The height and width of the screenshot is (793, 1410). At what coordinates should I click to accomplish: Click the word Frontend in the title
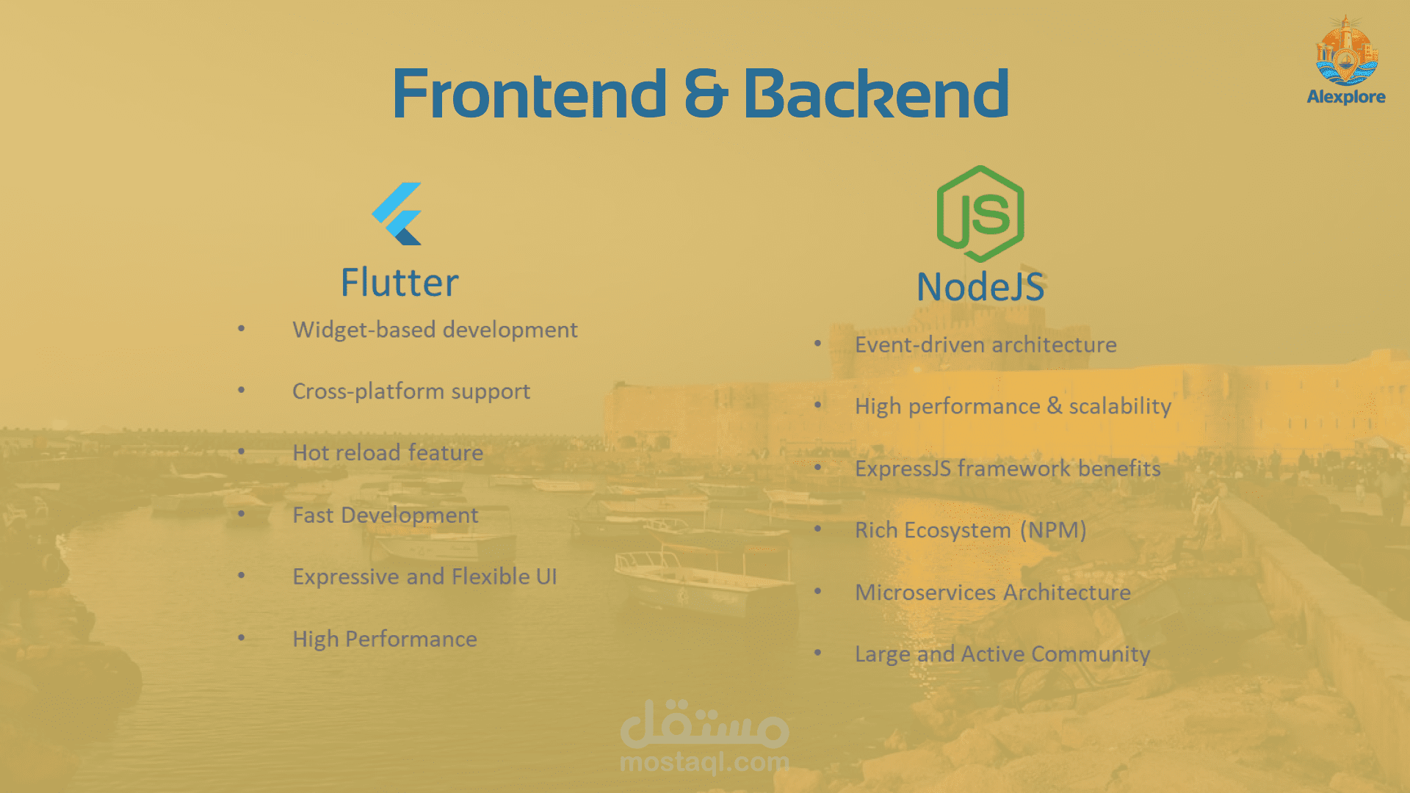click(x=529, y=93)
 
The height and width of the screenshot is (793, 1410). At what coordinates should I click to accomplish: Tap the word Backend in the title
click(x=876, y=93)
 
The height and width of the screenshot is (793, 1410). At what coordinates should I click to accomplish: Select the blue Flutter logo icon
click(x=397, y=214)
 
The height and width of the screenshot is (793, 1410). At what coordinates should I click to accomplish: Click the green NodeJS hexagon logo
click(x=980, y=214)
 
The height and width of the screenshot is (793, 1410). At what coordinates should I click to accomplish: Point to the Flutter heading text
click(x=399, y=283)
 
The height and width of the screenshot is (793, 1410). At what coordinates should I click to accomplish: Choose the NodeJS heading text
click(x=980, y=286)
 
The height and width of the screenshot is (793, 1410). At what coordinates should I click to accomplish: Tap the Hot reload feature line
click(x=388, y=453)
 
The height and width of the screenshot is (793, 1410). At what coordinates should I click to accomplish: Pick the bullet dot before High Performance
click(x=241, y=637)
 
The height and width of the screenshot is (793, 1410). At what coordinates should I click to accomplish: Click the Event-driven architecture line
click(x=986, y=345)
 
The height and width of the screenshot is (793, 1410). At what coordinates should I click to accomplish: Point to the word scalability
click(x=1120, y=406)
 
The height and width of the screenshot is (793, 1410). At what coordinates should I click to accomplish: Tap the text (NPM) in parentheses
click(x=1053, y=530)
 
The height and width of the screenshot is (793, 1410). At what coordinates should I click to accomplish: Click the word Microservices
click(x=926, y=593)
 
